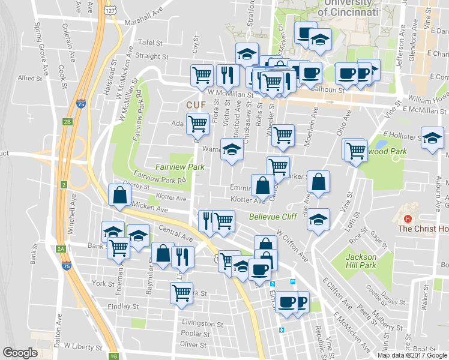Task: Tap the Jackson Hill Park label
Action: (x=361, y=261)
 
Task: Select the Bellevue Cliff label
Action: (x=274, y=215)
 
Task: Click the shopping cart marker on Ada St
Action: (x=197, y=124)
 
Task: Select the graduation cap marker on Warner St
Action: (x=232, y=150)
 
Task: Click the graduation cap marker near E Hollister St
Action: (x=432, y=139)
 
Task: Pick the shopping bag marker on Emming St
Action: (x=262, y=185)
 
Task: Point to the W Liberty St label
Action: (x=85, y=346)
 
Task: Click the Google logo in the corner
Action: (x=20, y=353)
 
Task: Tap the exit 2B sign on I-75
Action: (x=67, y=122)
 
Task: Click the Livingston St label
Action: (x=202, y=323)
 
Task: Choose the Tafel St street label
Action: (x=150, y=43)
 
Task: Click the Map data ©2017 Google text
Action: (x=412, y=355)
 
